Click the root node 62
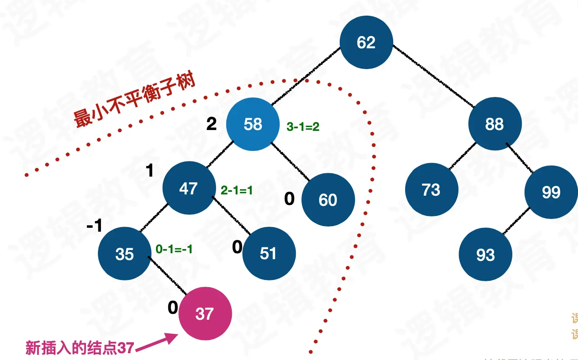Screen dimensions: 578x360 coord(366,42)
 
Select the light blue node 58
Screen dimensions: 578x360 coord(253,124)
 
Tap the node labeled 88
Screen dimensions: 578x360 coord(495,124)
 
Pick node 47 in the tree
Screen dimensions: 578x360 coord(189,188)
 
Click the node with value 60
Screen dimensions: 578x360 coord(328,199)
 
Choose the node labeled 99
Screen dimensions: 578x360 coord(551,192)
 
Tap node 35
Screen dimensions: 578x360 coord(124,254)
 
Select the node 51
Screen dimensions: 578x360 coord(268,253)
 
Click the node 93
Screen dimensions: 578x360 coord(485,255)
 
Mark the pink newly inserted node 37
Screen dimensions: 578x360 coord(205,314)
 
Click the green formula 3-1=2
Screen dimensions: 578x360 coord(303,127)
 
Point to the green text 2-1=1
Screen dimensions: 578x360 coord(236,191)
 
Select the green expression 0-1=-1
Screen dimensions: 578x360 coord(174,249)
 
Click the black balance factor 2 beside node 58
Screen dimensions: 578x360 coord(211,124)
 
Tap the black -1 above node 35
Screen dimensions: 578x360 coord(94,226)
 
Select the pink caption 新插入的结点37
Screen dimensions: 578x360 coord(80,348)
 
